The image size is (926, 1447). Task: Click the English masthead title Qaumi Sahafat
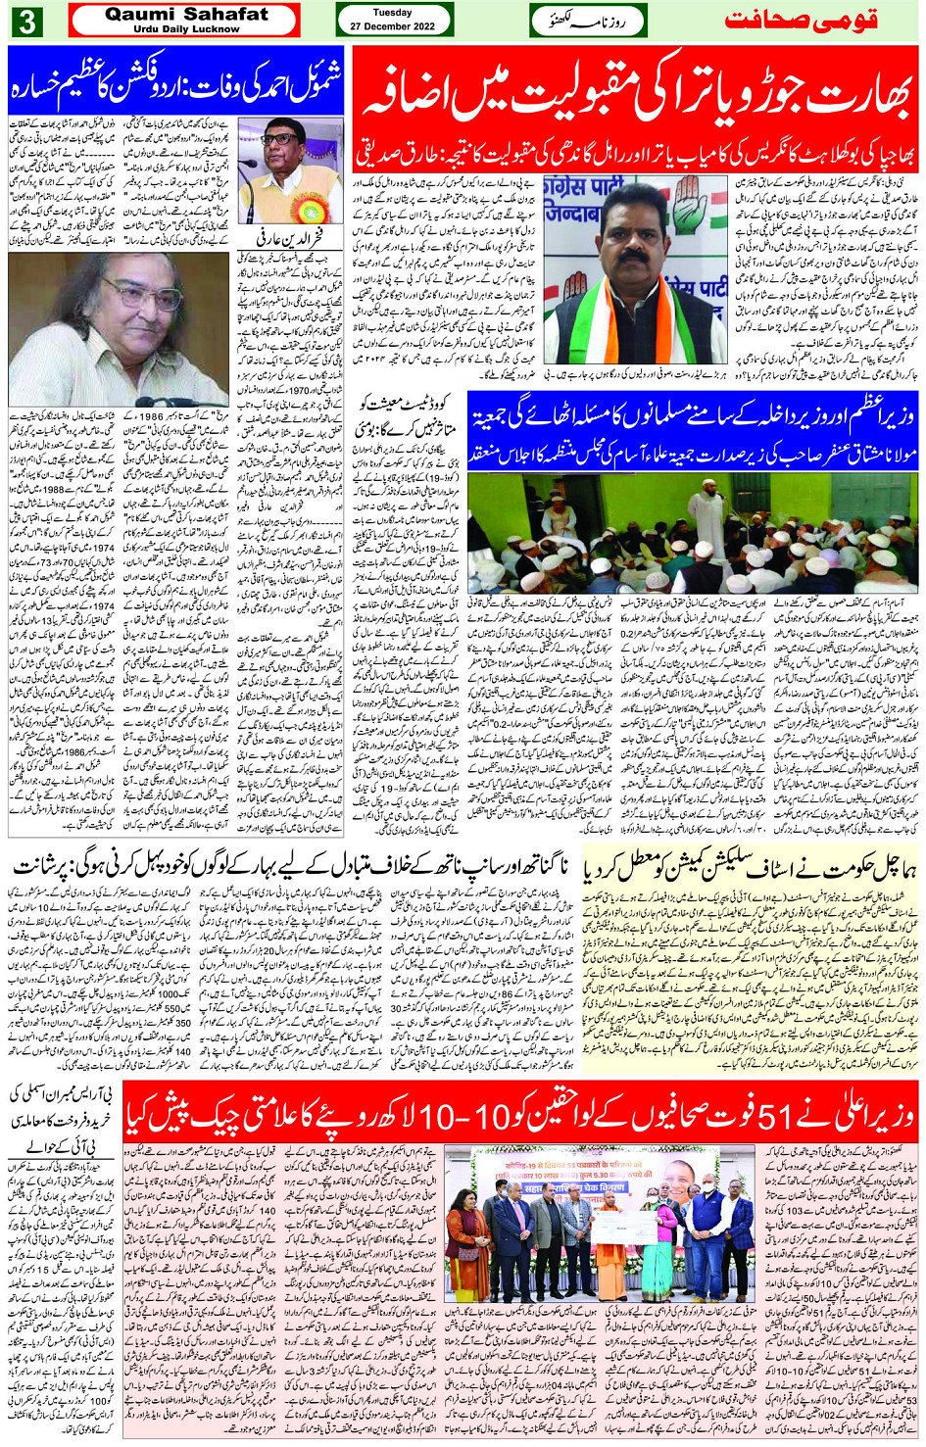coord(186,14)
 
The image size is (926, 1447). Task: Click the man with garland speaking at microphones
coord(290,171)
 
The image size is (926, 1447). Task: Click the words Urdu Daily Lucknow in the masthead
coord(186,29)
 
